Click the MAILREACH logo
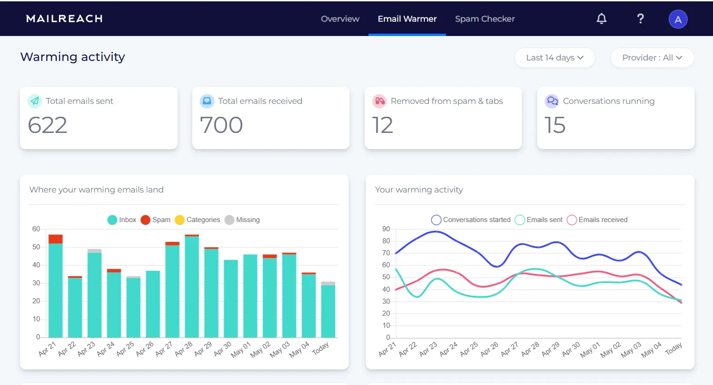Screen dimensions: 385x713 (64, 19)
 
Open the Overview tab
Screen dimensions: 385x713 (340, 19)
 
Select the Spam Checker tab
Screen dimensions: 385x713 (485, 19)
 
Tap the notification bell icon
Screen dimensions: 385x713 (601, 18)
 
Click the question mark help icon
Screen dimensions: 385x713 (640, 18)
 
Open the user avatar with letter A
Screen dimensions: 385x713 (677, 19)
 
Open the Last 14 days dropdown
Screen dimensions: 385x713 (554, 58)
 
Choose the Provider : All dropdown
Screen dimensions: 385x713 (652, 58)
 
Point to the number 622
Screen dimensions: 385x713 (48, 125)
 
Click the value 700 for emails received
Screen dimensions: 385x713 (221, 125)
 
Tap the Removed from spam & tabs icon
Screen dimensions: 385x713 (379, 101)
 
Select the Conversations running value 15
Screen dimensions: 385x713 (554, 125)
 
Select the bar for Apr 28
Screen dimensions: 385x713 (192, 286)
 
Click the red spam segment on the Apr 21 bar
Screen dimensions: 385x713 (55, 239)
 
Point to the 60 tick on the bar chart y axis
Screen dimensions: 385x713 (36, 229)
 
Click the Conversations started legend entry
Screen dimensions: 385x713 (471, 220)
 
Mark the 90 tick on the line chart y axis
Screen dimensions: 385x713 (386, 229)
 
